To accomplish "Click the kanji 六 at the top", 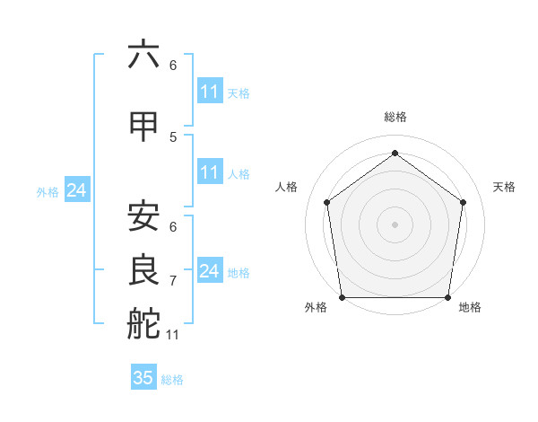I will pyautogui.click(x=143, y=55).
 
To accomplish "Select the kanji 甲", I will pyautogui.click(x=143, y=127).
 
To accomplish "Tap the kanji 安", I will pyautogui.click(x=143, y=215).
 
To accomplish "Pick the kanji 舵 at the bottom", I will pyautogui.click(x=143, y=322).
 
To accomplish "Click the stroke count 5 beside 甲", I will pyautogui.click(x=173, y=136).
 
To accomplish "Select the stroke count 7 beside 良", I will pyautogui.click(x=173, y=281).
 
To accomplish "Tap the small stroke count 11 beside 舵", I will pyautogui.click(x=173, y=335).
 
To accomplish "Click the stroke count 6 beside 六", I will pyautogui.click(x=173, y=66).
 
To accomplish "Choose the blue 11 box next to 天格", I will pyautogui.click(x=209, y=92).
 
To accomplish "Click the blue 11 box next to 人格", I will pyautogui.click(x=209, y=172).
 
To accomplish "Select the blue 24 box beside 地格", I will pyautogui.click(x=209, y=271).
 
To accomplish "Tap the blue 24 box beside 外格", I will pyautogui.click(x=76, y=190).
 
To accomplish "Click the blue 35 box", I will pyautogui.click(x=143, y=378).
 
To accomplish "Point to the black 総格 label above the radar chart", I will pyautogui.click(x=395, y=118).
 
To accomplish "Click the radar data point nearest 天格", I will pyautogui.click(x=463, y=202).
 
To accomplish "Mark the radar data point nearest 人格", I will pyautogui.click(x=326, y=202).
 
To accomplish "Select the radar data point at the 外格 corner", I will pyautogui.click(x=342, y=297).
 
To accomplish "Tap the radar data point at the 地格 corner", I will pyautogui.click(x=447, y=297).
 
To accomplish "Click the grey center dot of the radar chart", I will pyautogui.click(x=395, y=224).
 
